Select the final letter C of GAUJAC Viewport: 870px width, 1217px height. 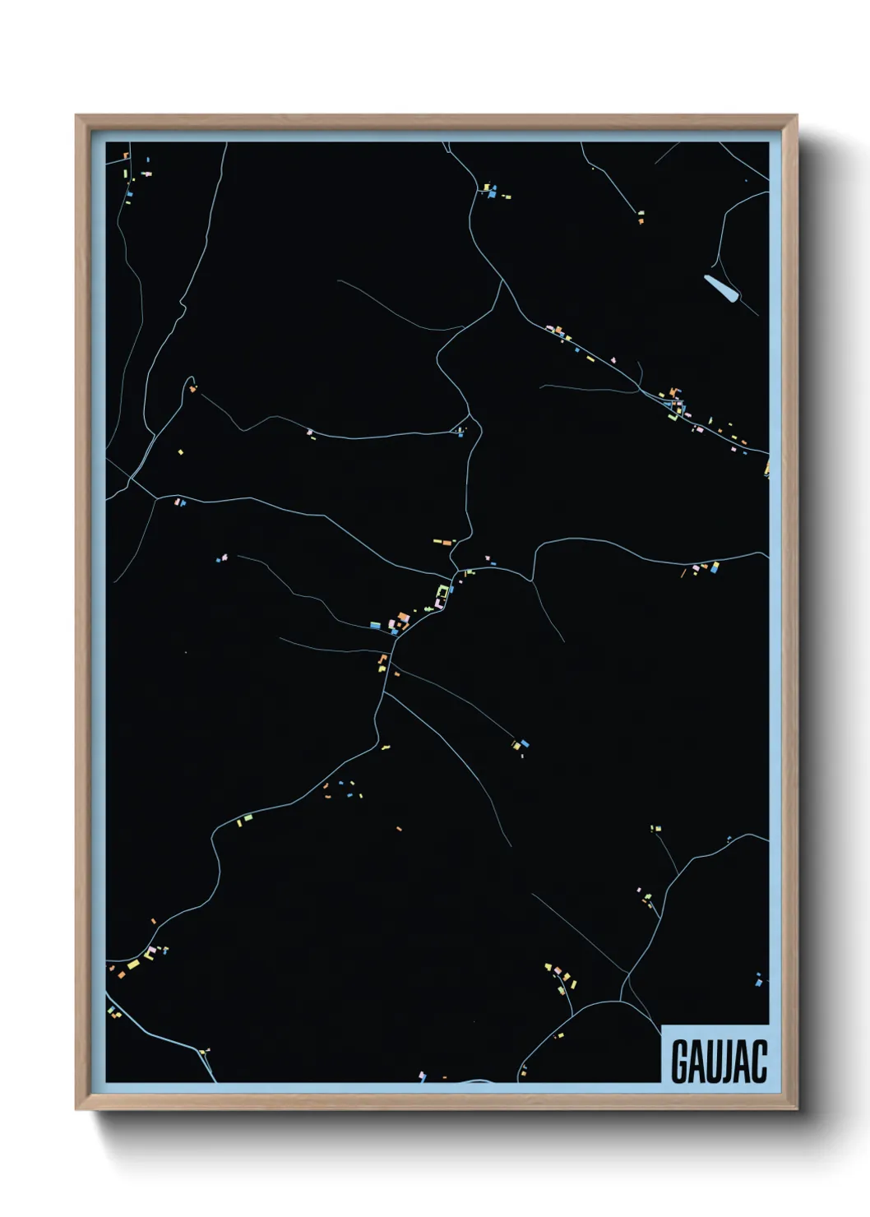click(x=759, y=1062)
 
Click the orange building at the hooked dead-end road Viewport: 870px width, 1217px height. click(x=192, y=388)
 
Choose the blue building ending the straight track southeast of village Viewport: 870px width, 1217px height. click(x=524, y=744)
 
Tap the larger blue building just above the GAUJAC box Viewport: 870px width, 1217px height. click(x=758, y=979)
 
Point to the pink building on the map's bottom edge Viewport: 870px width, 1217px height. click(x=422, y=1075)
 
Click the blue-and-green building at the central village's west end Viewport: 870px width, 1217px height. click(x=375, y=625)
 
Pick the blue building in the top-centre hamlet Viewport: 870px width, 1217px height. click(x=492, y=196)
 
